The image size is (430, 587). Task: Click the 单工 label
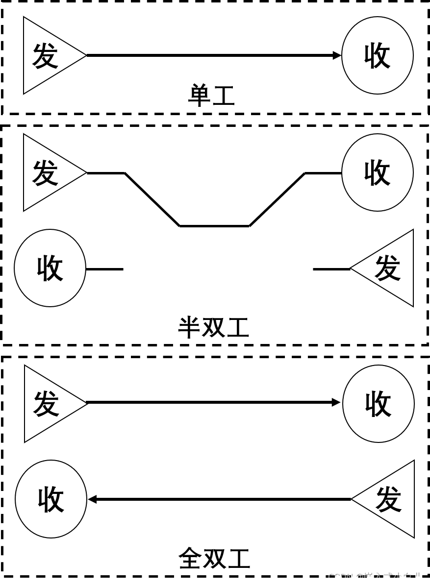point(212,96)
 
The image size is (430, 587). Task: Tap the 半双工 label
point(214,328)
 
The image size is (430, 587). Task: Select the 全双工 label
point(214,559)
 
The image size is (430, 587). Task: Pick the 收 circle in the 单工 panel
point(377,55)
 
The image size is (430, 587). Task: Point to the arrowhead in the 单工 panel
point(337,55)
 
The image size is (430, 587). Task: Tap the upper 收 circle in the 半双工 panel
point(377,172)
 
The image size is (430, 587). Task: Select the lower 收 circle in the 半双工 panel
point(50,268)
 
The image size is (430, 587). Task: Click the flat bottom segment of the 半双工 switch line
point(214,226)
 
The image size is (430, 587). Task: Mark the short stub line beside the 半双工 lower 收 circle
point(104,269)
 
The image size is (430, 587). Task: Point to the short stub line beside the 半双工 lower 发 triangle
point(331,269)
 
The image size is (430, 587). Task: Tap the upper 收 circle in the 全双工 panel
point(378,404)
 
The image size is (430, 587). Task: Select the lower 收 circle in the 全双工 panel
point(51,499)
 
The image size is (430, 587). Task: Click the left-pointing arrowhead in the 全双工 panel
point(92,499)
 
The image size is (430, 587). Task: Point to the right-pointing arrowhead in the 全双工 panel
point(336,402)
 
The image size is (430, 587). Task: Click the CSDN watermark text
point(375,577)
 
